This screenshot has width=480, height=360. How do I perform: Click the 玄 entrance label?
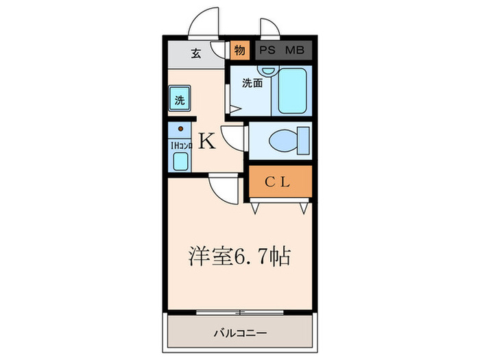tap(195, 53)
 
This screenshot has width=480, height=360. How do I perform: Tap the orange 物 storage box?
tap(239, 50)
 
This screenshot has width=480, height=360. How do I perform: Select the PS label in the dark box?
tap(267, 49)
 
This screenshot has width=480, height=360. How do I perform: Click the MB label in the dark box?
tap(295, 49)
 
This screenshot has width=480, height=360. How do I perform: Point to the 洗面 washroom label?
tap(252, 84)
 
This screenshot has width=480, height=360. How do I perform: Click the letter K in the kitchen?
tap(207, 143)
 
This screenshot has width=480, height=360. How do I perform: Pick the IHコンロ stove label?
tap(180, 145)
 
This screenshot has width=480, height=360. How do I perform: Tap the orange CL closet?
tap(279, 182)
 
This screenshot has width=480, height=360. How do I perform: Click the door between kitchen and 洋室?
tap(223, 187)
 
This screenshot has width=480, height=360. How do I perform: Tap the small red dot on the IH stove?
tap(180, 129)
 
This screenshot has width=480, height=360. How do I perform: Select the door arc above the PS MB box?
tap(270, 25)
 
